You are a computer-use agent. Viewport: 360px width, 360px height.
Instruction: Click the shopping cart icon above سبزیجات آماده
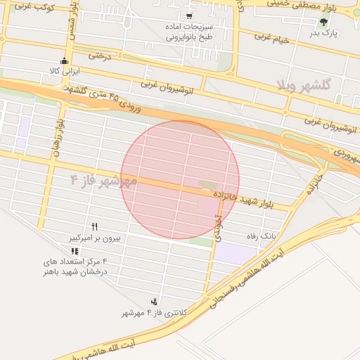point(189,15)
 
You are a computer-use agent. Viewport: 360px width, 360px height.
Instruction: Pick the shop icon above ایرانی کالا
point(65,60)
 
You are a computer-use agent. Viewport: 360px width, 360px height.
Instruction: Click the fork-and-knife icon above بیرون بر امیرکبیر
point(94,226)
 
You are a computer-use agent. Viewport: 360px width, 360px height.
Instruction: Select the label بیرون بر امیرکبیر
point(94,238)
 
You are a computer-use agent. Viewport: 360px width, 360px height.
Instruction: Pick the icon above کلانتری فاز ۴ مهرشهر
point(154,301)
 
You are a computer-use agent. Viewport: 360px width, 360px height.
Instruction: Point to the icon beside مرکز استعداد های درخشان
point(75,251)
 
